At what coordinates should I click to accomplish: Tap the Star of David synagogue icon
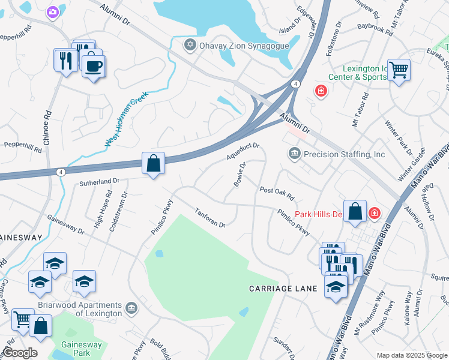click(190, 45)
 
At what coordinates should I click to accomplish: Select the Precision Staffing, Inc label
click(344, 154)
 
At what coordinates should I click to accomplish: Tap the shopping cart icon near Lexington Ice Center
click(399, 70)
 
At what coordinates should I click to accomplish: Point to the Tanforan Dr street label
click(209, 217)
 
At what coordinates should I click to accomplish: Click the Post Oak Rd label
click(277, 193)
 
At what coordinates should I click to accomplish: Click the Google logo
click(20, 353)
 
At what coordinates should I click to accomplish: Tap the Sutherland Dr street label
click(100, 181)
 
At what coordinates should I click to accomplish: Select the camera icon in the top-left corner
click(53, 11)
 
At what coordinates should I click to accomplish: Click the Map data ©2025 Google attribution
click(411, 355)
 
